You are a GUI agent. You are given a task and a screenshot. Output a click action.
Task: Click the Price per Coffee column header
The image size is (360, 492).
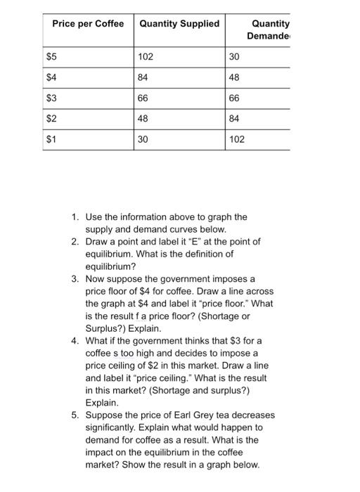coord(88,23)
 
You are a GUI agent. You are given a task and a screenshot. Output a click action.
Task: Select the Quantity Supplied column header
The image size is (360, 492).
coord(179,23)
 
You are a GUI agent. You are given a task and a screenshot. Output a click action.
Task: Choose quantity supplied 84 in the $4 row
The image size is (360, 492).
coord(143,77)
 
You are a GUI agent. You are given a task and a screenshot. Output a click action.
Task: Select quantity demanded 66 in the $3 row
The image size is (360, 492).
coord(236,98)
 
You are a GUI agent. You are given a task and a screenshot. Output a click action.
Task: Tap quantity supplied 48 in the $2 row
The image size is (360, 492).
coord(143,118)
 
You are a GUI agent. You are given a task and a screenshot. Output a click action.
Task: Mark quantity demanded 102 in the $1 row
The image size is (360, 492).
coord(238,139)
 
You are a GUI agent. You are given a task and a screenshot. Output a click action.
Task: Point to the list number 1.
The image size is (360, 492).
coord(75,218)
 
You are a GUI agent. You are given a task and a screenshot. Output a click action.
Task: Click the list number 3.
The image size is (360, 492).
coord(75,278)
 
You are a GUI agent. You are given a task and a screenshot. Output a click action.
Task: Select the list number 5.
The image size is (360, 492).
coord(75,415)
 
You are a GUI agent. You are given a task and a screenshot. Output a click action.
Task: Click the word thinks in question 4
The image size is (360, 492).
coord(193,340)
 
